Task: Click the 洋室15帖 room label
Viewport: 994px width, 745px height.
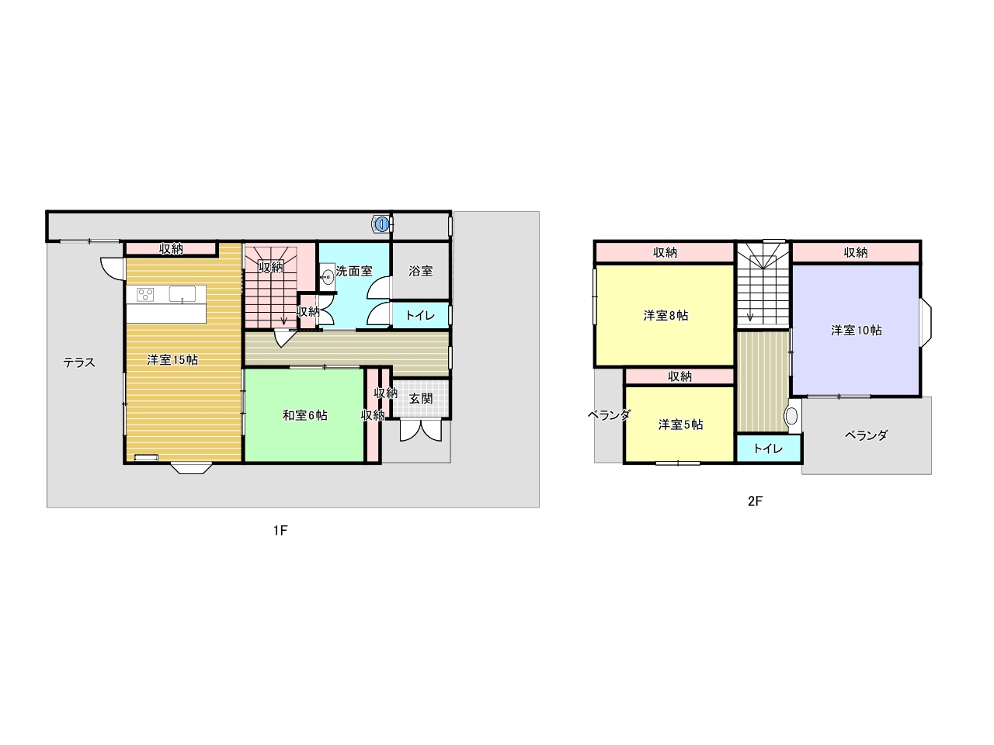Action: pos(172,360)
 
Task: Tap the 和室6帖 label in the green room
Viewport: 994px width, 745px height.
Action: pos(304,415)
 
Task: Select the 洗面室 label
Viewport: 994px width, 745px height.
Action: pos(354,272)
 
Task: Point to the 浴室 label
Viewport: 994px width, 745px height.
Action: pos(421,272)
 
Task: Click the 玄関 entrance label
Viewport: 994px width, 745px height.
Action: pos(421,399)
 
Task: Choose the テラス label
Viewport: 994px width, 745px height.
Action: pos(79,362)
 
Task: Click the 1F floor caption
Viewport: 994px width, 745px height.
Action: pos(280,530)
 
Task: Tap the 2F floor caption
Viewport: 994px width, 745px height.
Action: pos(755,501)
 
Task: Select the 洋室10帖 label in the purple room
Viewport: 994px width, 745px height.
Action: pos(857,331)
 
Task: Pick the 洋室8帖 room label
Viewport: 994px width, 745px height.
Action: pos(666,316)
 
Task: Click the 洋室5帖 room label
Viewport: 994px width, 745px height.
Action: pos(680,424)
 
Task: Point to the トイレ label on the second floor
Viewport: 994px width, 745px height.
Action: pos(768,449)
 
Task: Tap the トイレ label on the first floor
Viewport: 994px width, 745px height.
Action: pos(420,315)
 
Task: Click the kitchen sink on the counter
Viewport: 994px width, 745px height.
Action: pos(182,294)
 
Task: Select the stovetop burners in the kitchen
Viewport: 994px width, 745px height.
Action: pos(145,294)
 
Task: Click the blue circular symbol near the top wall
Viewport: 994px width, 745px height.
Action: pos(382,224)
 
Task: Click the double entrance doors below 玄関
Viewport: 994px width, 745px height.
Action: pos(420,431)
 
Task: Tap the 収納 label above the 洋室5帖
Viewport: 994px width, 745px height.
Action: pos(679,376)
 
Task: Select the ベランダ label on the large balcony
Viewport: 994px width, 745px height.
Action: pos(867,435)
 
